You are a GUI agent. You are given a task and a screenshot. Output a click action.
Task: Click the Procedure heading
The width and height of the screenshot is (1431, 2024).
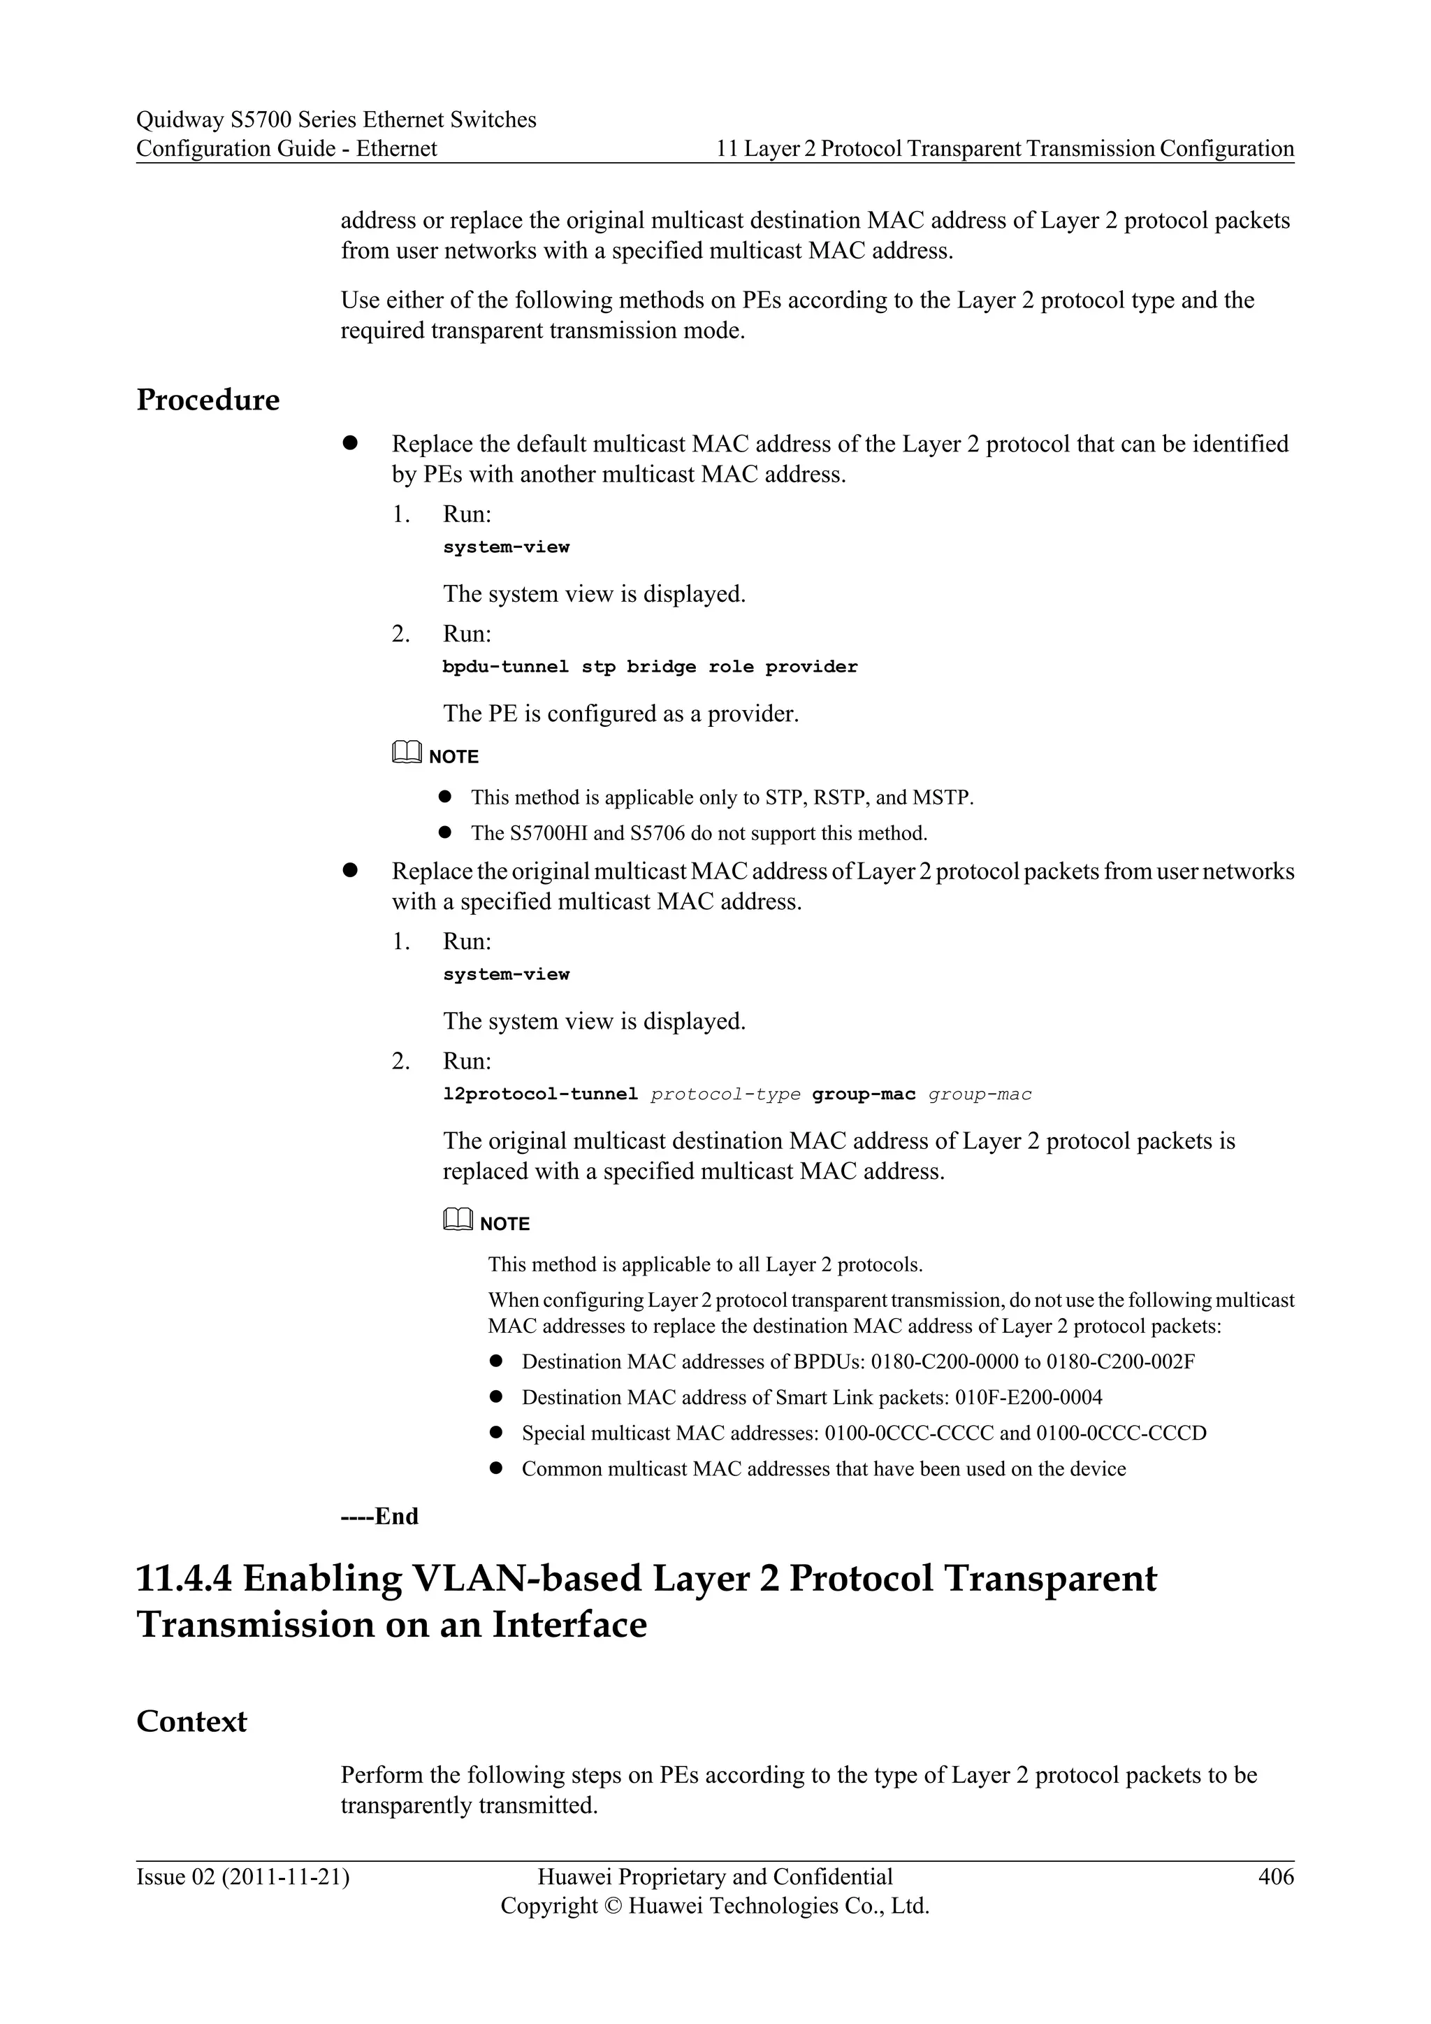[208, 400]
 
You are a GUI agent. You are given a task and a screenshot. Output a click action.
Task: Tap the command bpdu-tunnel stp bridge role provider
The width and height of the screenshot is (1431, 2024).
[649, 667]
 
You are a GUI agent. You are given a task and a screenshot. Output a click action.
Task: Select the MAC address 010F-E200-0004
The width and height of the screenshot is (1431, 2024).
[1029, 1397]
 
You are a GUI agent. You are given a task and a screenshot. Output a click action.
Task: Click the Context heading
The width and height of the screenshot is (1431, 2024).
[191, 1721]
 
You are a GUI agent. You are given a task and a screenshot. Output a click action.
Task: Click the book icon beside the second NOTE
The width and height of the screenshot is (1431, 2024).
[458, 1221]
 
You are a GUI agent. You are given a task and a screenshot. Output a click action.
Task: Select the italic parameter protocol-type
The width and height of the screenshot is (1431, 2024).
[725, 1095]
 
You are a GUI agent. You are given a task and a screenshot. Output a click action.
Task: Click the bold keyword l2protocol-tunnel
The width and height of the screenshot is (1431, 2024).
[539, 1095]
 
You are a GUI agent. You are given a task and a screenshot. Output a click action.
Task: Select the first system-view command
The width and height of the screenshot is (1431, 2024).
[506, 547]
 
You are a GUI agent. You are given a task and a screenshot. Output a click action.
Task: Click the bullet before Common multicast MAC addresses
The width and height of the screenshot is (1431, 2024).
[496, 1468]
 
